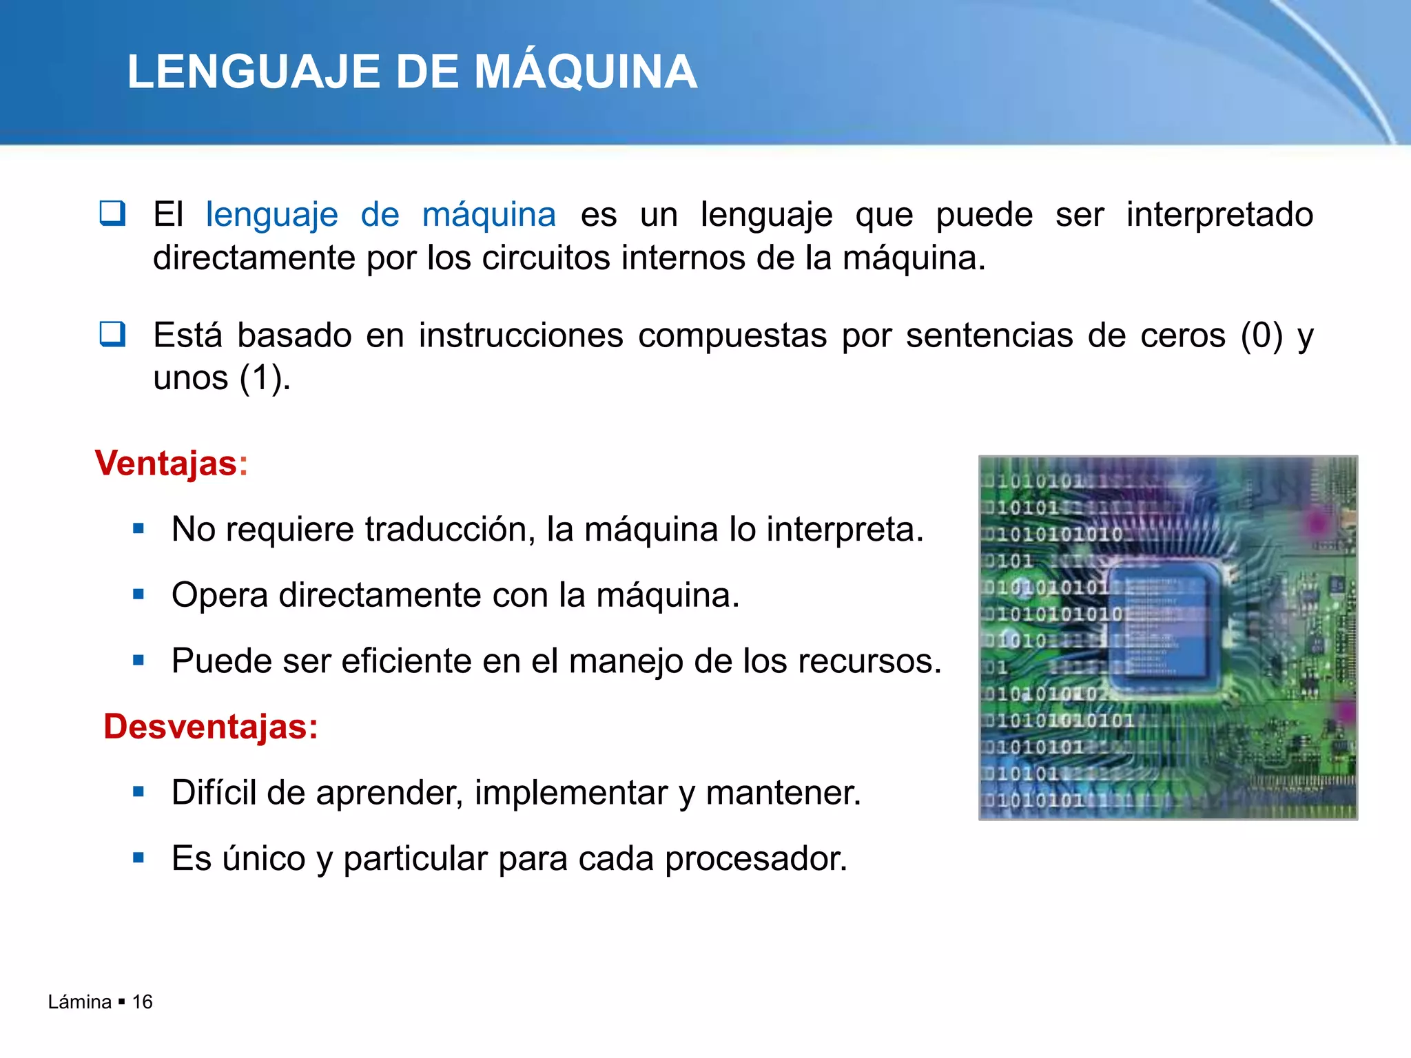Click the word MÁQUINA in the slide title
586,72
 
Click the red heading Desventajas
210,727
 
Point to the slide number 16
142,1002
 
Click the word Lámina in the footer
79,1002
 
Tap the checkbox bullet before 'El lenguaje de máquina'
112,214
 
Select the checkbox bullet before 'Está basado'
112,334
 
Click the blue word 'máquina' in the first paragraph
488,215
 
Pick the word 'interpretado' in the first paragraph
1219,215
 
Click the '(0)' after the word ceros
1261,336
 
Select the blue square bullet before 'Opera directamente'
138,594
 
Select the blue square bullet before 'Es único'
138,858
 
